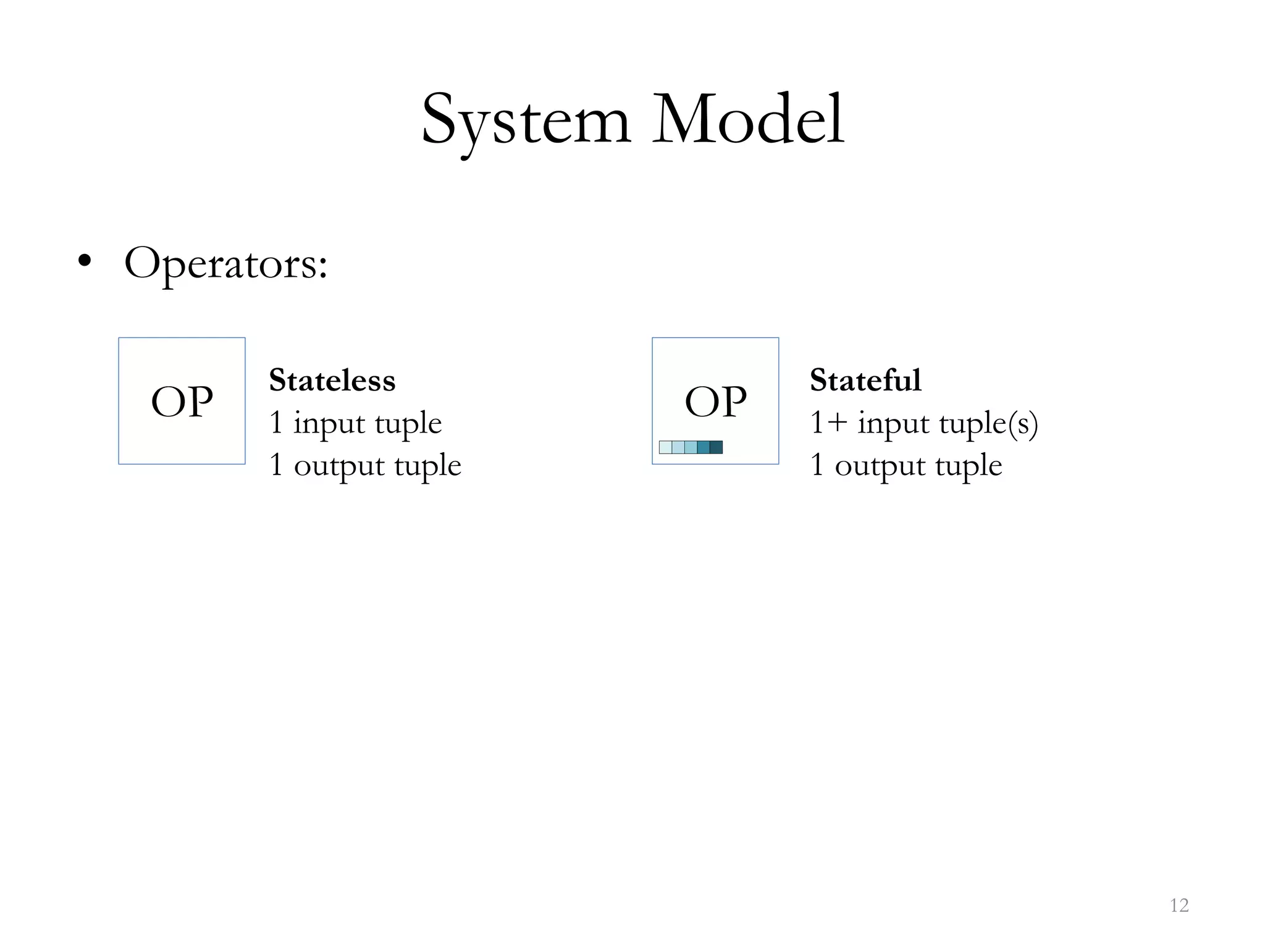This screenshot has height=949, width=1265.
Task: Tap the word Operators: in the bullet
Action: click(225, 264)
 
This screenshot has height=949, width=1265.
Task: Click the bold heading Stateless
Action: click(332, 380)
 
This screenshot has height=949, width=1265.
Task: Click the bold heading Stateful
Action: click(865, 380)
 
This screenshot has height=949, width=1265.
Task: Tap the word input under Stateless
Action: click(329, 424)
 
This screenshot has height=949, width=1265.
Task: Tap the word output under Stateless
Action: click(338, 465)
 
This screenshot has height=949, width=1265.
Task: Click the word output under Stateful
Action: click(880, 465)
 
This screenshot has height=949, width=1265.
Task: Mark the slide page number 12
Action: click(1179, 906)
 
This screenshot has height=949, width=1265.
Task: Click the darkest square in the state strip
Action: click(716, 447)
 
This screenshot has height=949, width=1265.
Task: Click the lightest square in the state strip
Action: click(665, 447)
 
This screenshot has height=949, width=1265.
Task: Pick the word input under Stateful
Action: click(893, 424)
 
